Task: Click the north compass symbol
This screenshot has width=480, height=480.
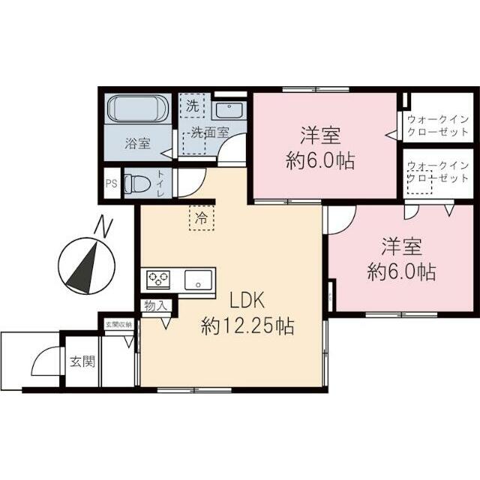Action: click(x=85, y=262)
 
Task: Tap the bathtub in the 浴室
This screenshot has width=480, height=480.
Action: click(x=137, y=110)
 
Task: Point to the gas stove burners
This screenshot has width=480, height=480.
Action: click(x=158, y=279)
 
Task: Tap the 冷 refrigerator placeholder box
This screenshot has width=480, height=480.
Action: click(x=201, y=218)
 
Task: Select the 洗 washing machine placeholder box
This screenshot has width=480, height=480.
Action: click(x=193, y=106)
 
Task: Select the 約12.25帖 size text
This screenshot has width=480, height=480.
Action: click(x=247, y=326)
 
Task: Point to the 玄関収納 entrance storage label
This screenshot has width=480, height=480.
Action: click(x=118, y=325)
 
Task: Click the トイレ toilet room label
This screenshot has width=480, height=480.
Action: click(x=160, y=184)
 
